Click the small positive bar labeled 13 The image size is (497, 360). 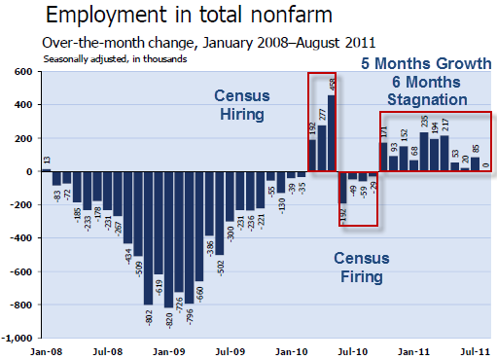[46, 169]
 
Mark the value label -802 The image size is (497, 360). [148, 317]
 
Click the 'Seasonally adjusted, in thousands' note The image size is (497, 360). [116, 58]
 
